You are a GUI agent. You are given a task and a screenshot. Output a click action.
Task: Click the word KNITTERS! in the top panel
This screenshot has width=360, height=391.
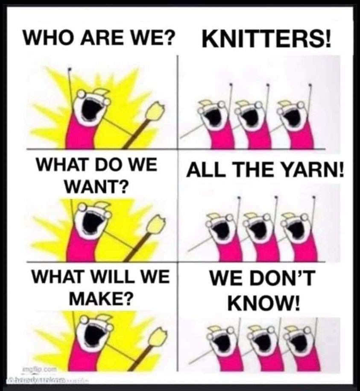tap(266, 41)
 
